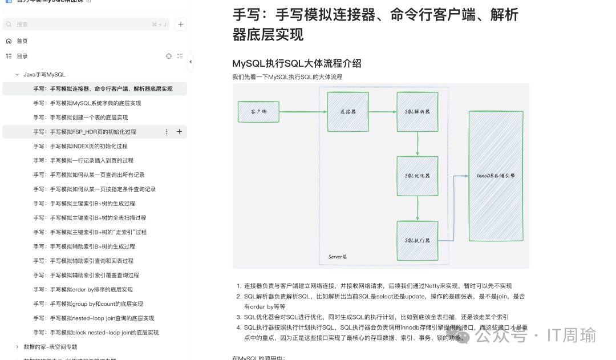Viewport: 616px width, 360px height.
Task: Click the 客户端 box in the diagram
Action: coord(258,112)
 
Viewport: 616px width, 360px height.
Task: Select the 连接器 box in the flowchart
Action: coord(347,111)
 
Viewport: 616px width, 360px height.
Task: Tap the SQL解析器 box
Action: coord(418,111)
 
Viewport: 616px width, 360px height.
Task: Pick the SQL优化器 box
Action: coord(418,176)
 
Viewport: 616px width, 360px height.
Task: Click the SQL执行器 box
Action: coord(418,240)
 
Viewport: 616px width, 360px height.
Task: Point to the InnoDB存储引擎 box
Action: coord(496,176)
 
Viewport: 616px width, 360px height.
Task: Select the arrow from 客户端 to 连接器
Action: coord(303,111)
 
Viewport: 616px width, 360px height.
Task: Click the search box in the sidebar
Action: coord(86,25)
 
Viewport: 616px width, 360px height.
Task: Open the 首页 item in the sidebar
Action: coord(22,41)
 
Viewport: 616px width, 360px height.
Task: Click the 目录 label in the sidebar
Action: coord(22,56)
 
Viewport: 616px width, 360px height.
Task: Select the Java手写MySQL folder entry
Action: coord(44,75)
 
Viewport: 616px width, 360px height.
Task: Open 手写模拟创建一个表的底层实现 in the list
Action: coord(80,118)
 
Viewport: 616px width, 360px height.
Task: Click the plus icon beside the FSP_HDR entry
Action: coord(179,132)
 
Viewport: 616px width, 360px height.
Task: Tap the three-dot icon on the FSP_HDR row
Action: coord(167,132)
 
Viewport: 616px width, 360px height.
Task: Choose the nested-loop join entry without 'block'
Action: coord(94,318)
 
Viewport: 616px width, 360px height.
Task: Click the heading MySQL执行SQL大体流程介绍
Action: coord(297,63)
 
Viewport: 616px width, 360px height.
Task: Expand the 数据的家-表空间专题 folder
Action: coord(18,347)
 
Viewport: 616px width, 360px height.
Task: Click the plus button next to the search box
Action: coord(181,25)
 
